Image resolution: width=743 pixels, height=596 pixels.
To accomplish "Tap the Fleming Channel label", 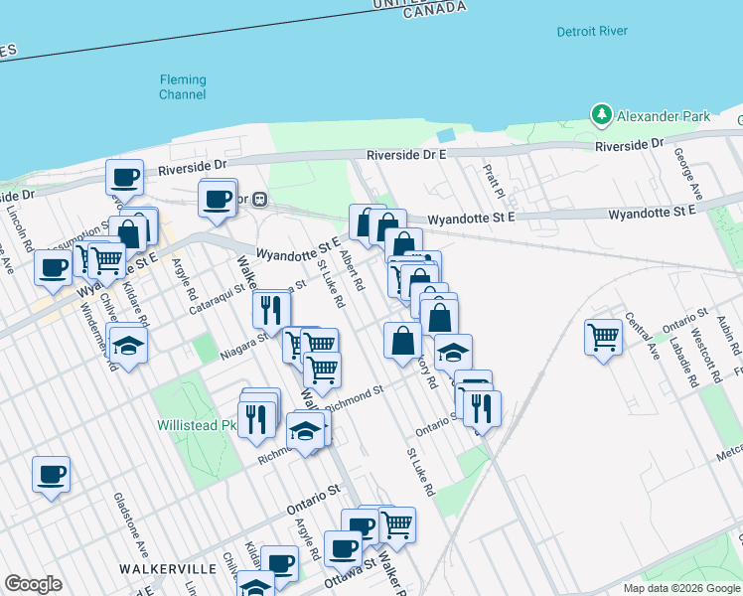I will (x=183, y=87).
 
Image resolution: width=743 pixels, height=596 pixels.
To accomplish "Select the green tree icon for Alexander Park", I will (x=601, y=116).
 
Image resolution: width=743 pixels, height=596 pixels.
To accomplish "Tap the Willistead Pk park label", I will (x=196, y=425).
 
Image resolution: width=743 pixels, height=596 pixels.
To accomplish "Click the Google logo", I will (x=33, y=584).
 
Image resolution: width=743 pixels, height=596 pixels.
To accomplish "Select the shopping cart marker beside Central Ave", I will (x=603, y=338).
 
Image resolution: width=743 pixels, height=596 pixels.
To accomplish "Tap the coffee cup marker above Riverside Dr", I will (x=125, y=178).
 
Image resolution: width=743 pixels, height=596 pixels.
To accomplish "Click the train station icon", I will (x=260, y=199).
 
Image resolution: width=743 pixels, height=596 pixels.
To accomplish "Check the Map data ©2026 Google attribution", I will (x=681, y=588).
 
